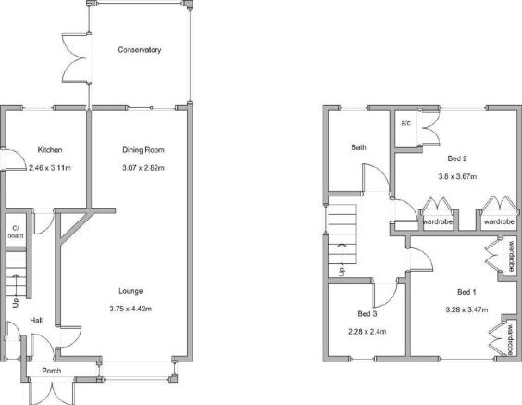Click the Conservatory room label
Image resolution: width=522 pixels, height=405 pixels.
(140, 50)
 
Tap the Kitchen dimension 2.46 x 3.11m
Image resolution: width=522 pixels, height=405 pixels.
(50, 168)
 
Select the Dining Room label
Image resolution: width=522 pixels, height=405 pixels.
(143, 150)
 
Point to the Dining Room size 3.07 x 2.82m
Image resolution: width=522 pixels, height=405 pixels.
(143, 168)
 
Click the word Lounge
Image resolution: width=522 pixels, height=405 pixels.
(130, 291)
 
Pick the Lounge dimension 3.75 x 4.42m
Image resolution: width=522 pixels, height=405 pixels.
(130, 309)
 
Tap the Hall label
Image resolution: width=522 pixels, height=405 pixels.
(36, 321)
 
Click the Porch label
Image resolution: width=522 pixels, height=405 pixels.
(52, 371)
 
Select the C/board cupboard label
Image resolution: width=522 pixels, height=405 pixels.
(16, 232)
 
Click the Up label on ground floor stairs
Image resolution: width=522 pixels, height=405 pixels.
(16, 303)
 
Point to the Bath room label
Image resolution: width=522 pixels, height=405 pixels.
(358, 147)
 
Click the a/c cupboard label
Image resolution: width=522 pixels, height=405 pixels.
(405, 123)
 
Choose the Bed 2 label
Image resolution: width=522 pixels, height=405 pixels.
(457, 158)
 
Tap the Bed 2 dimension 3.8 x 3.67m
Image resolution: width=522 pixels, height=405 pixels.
(457, 176)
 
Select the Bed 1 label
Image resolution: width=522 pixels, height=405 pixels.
(466, 292)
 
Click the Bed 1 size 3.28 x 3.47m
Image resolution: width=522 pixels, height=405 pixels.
(466, 310)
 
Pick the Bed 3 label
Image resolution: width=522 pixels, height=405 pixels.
(367, 313)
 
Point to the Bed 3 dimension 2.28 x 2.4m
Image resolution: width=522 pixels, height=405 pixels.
(367, 332)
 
